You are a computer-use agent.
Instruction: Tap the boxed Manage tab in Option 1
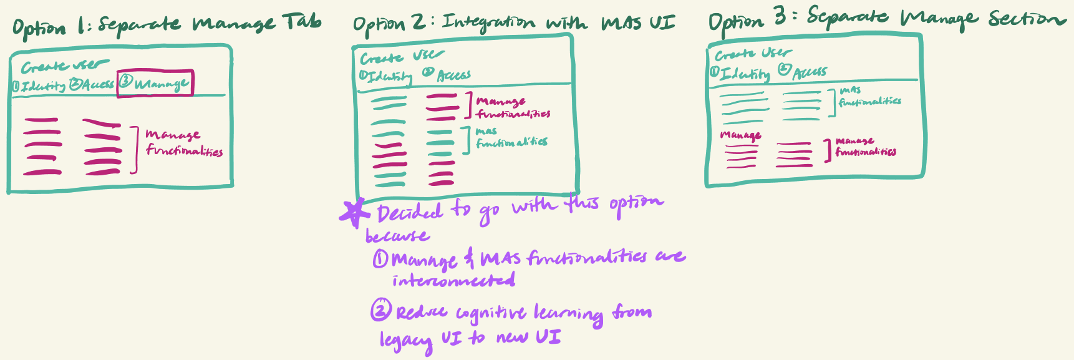coord(156,83)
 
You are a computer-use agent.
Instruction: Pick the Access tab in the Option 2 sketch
coord(447,75)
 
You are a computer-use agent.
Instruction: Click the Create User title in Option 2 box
coord(402,57)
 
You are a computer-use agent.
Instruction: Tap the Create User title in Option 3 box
coord(753,54)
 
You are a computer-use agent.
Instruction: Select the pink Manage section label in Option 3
coord(740,135)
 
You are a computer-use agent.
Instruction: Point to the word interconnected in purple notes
coord(453,281)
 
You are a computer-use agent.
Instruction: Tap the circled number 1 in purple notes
coord(380,258)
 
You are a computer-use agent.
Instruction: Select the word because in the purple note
coord(397,236)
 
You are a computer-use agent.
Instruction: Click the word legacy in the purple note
coord(406,341)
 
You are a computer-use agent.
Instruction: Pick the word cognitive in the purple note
coord(491,313)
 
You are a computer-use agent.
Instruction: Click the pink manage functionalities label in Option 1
coord(183,143)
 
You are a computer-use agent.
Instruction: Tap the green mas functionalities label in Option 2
coord(511,138)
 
